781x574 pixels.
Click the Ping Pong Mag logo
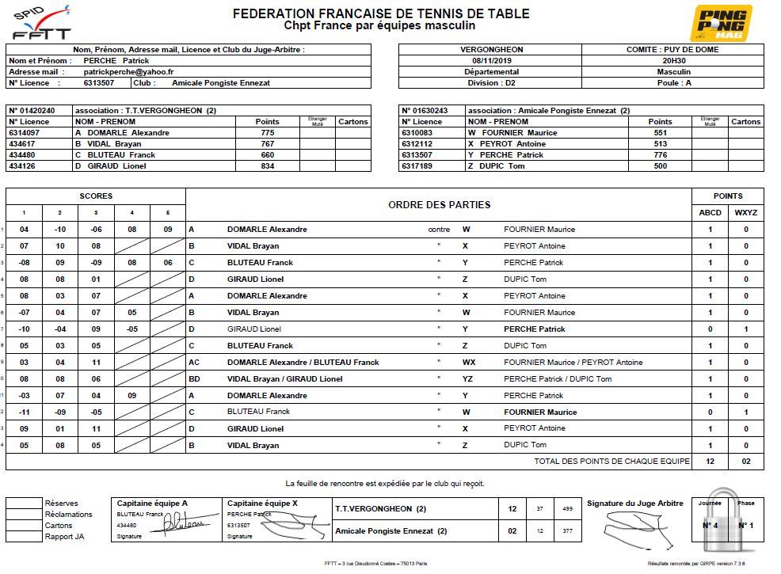(722, 23)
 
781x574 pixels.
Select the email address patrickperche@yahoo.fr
(129, 71)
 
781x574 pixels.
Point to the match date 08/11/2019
(492, 60)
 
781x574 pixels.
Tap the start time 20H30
(674, 60)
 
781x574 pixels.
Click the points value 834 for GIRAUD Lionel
(267, 166)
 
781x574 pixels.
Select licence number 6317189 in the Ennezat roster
(418, 166)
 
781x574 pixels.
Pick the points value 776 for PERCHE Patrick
(660, 155)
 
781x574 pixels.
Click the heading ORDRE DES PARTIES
(439, 204)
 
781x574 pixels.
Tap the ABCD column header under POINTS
(710, 212)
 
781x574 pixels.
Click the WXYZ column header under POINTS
(745, 212)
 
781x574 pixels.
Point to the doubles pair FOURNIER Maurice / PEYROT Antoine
(573, 363)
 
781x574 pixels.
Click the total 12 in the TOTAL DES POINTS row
(710, 462)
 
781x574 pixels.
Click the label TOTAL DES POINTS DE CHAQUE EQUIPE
(611, 462)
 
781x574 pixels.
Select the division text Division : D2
(491, 82)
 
